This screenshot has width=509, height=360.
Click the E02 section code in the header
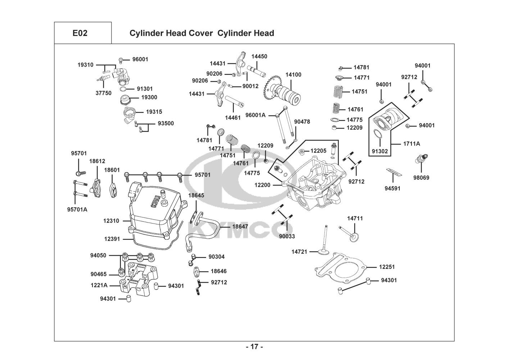coord(80,33)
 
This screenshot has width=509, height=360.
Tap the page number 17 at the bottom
coord(254,347)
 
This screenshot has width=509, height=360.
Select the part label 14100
coord(294,75)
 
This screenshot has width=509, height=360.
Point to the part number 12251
coord(387,267)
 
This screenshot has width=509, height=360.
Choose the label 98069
coord(421,178)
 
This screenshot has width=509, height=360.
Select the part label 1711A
coord(411,144)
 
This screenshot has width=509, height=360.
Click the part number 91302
coord(380,151)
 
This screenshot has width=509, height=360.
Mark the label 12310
coord(112,221)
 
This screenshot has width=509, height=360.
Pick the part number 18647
coord(240,226)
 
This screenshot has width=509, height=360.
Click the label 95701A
coord(77,209)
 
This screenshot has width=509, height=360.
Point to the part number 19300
coord(149,97)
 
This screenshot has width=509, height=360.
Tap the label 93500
coord(165,123)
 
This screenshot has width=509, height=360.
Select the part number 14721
coord(299,252)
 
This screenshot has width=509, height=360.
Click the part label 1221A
coord(99,285)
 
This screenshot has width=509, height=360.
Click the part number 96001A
coord(255,115)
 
